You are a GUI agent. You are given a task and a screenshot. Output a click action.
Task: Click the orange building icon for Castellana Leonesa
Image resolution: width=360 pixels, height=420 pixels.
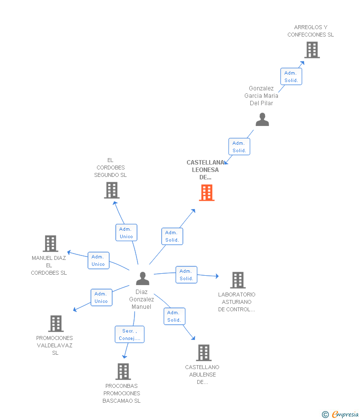207,193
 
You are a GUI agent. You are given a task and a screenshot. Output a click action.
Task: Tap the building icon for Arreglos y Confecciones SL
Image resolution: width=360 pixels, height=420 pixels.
312,50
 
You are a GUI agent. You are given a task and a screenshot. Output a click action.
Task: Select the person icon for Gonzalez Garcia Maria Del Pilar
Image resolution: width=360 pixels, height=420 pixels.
262,120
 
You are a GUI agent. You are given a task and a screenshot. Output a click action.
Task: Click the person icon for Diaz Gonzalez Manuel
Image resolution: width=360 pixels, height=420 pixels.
142,279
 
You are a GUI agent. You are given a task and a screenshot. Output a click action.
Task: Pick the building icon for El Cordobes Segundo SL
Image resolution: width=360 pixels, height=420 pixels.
112,190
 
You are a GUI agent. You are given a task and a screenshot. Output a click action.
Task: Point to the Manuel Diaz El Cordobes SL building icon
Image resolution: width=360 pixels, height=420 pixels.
50,244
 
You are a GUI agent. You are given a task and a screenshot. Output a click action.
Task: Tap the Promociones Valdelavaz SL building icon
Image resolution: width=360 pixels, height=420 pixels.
56,324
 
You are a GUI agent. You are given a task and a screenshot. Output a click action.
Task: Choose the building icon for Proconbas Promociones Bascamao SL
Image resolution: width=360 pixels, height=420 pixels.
123,371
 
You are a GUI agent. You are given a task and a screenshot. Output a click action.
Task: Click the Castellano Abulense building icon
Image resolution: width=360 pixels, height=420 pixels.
204,353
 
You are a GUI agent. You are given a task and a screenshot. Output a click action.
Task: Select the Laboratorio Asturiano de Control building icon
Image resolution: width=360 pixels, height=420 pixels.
238,280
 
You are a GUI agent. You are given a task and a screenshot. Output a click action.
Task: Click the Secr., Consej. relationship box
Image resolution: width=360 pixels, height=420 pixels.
130,335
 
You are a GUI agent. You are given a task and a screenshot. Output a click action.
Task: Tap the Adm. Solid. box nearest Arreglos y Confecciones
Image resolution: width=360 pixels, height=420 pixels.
291,77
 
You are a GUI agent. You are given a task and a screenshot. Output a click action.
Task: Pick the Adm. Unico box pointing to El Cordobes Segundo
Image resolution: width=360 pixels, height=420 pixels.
126,233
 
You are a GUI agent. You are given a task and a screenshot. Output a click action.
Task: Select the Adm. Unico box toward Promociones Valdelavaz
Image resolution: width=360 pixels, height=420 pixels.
101,297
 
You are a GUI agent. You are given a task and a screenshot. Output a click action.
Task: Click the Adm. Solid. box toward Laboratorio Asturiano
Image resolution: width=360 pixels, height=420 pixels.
186,275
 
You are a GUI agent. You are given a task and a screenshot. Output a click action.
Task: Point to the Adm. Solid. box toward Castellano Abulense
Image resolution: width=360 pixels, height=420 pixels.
174,316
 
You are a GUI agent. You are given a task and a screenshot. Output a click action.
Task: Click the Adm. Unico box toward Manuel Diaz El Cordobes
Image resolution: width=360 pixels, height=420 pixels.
98,260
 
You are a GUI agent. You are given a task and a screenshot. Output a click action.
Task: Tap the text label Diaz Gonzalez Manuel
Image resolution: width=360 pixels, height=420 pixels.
141,299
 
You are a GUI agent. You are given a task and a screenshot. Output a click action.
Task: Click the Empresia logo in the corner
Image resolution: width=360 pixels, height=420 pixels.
341,414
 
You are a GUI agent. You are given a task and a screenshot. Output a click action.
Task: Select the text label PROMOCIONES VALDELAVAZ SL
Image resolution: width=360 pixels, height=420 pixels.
55,345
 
